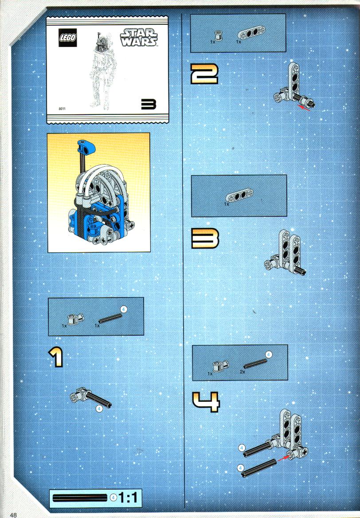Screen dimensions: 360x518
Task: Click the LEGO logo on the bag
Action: [x=68, y=37]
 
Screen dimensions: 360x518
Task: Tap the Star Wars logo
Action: [x=139, y=37]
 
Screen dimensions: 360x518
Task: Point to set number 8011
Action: [x=62, y=109]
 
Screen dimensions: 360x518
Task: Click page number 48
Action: [x=13, y=515]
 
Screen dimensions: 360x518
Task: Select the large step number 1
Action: [x=57, y=357]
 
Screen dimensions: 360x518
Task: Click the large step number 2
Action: [x=204, y=74]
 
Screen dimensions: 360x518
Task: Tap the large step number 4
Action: [x=206, y=402]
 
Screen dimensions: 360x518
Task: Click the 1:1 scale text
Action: [x=128, y=498]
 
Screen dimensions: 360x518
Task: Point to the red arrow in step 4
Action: [x=284, y=458]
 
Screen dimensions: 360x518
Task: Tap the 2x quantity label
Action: [x=243, y=372]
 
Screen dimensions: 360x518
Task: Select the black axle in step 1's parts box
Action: [x=110, y=318]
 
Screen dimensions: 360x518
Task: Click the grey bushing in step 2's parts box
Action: [x=218, y=35]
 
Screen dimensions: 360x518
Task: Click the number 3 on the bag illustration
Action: [x=149, y=104]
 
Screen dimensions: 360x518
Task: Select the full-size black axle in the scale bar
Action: [x=80, y=498]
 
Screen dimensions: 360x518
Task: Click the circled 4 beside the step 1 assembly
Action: [x=99, y=408]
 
